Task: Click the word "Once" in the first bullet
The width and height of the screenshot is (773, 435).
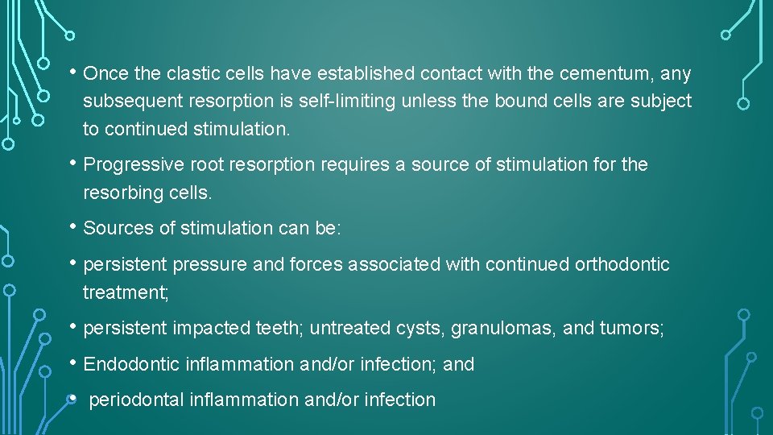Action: coord(106,74)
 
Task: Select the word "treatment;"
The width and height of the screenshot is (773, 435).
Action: coord(126,292)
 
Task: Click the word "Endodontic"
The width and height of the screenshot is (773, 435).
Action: coord(132,364)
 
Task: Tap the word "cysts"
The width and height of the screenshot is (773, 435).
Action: coord(419,328)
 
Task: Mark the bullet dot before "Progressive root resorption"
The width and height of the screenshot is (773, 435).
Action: coord(73,164)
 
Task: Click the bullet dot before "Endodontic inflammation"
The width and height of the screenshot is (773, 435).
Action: coord(73,362)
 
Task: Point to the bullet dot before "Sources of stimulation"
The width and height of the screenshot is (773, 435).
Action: coord(73,226)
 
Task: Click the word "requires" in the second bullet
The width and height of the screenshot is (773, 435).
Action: coord(355,165)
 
